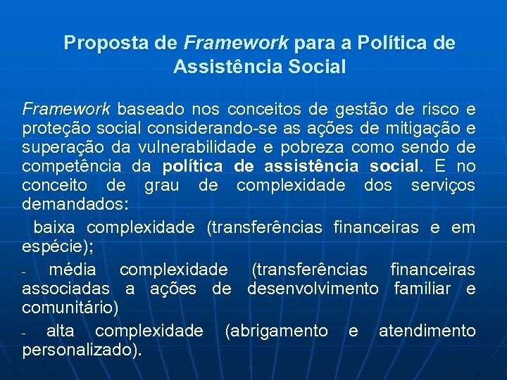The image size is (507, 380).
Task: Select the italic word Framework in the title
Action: [236, 44]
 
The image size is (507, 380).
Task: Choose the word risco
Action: [439, 110]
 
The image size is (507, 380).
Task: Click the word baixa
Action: [56, 228]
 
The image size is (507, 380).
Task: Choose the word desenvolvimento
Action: [313, 289]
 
